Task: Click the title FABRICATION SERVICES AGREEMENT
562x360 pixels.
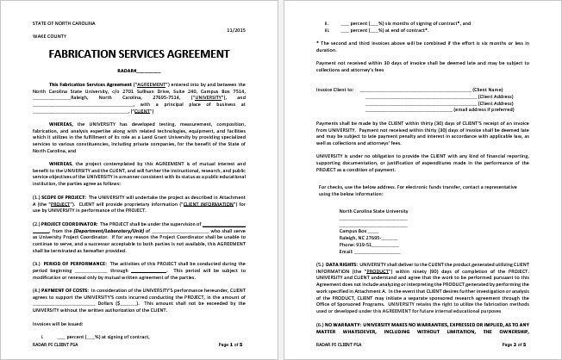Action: pos(132,53)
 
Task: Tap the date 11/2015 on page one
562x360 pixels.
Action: pos(247,32)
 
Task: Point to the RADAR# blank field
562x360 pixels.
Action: pos(138,69)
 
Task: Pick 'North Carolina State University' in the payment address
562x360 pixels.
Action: pos(373,210)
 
